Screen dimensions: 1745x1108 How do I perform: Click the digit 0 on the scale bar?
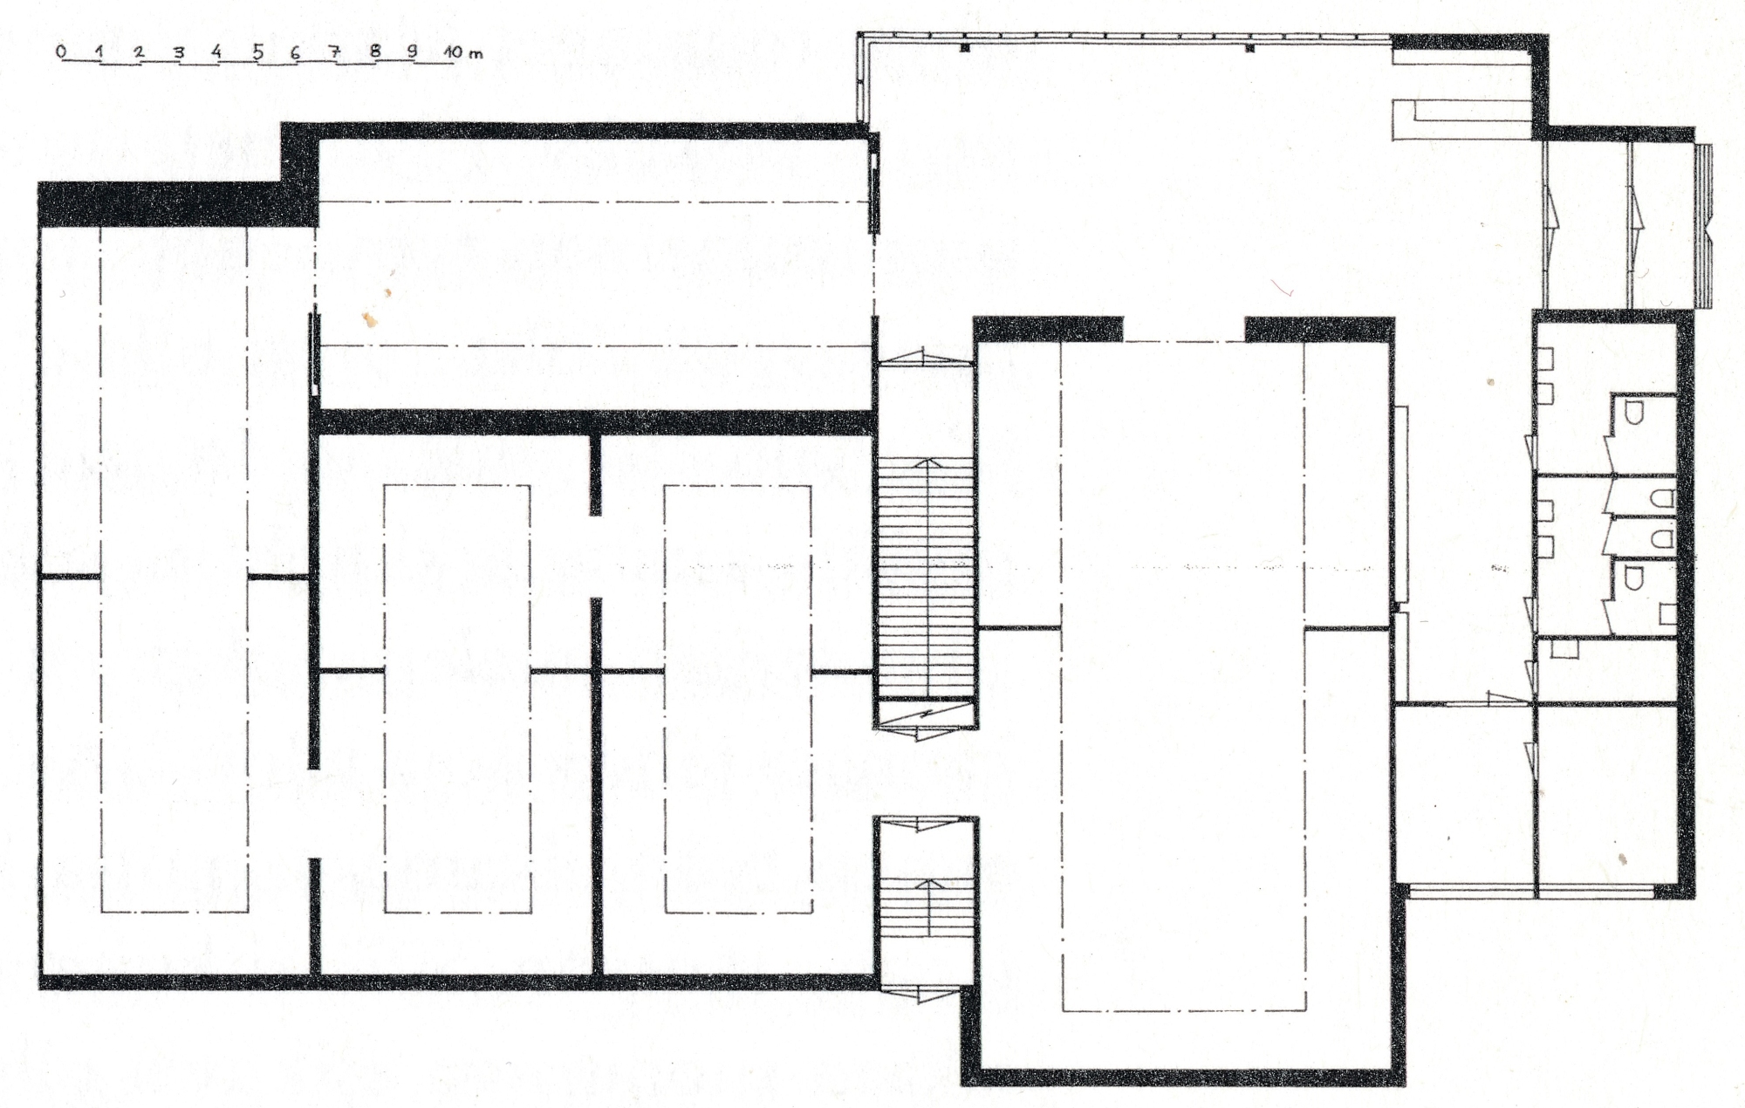pos(60,51)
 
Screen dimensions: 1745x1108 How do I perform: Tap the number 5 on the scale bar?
pos(257,51)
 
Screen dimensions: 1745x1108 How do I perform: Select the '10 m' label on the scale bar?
pos(462,52)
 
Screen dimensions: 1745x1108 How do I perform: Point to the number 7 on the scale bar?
pos(335,51)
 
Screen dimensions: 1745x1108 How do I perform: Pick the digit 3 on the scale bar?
pos(178,52)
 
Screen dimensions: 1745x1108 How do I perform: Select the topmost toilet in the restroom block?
pos(1634,412)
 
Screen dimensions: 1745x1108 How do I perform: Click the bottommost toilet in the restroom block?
pos(1634,578)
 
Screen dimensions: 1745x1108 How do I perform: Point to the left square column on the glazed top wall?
pos(965,48)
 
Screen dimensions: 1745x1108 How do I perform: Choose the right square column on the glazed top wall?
pos(1249,48)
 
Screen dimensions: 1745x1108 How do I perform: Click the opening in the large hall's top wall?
pos(1183,329)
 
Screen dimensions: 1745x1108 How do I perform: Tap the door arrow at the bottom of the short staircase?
pos(926,992)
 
